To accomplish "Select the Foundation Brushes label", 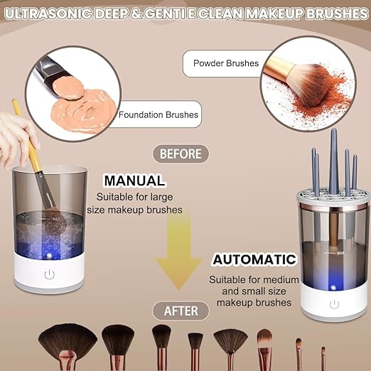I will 158,114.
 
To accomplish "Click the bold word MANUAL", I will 134,181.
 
